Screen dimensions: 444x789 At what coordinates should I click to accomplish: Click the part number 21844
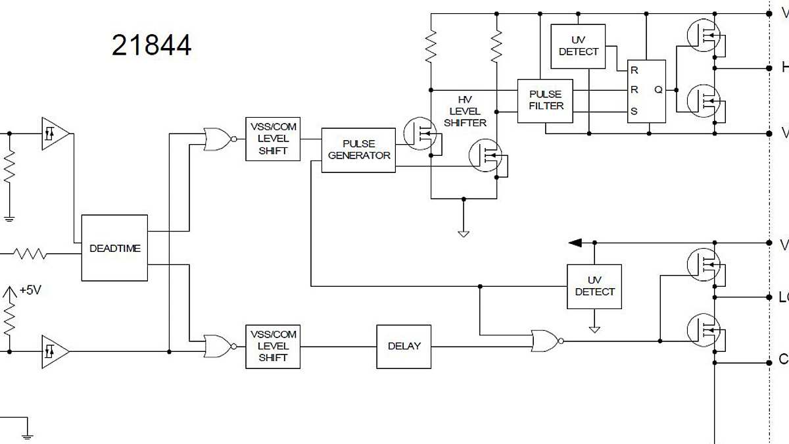click(x=151, y=45)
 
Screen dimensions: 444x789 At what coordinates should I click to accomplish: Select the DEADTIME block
click(x=114, y=248)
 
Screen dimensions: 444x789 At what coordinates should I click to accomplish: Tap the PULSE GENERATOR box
click(x=358, y=150)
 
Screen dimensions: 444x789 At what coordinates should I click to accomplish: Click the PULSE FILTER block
click(x=545, y=101)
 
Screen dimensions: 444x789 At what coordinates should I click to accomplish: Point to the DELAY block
click(x=404, y=346)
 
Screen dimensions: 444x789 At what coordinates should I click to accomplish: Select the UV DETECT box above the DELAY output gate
click(x=594, y=286)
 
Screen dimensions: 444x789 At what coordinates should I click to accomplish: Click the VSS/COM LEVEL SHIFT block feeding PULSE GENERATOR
click(x=273, y=139)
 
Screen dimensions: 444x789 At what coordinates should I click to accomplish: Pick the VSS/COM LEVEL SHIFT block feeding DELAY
click(x=273, y=346)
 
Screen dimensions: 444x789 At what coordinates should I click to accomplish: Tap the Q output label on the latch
click(x=658, y=90)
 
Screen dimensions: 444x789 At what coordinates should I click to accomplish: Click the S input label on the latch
click(x=634, y=111)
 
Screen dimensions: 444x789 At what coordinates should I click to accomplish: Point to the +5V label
click(x=30, y=290)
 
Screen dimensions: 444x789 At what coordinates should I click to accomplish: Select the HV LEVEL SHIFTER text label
click(x=465, y=111)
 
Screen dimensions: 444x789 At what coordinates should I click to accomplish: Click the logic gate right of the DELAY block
click(x=546, y=341)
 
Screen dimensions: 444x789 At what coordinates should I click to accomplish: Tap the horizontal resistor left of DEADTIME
click(x=30, y=253)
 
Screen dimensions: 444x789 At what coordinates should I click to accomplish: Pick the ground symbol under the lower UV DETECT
click(x=594, y=328)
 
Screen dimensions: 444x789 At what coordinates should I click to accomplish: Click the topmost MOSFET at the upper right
click(x=703, y=34)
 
